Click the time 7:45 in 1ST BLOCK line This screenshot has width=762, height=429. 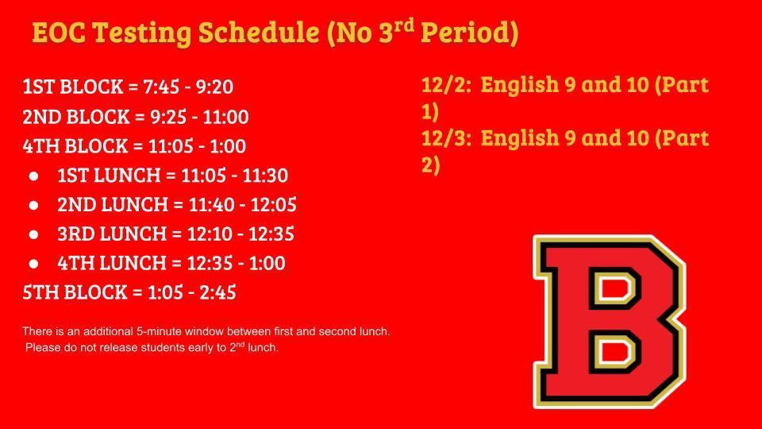(x=161, y=87)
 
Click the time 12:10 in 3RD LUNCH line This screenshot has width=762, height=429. (x=210, y=234)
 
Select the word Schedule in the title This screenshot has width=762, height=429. (x=259, y=33)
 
